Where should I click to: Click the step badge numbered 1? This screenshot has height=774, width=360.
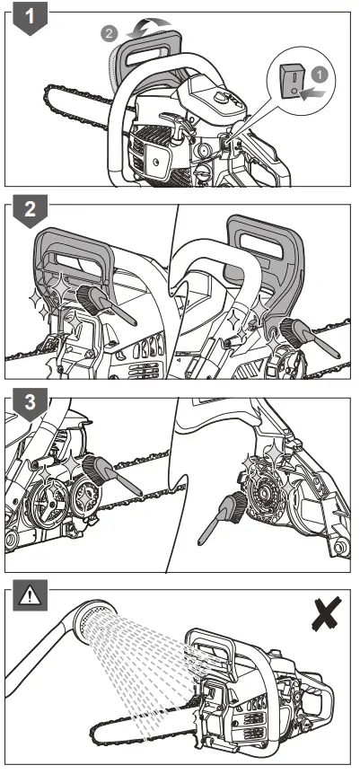pos(31,17)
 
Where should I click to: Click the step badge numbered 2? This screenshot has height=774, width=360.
pos(31,210)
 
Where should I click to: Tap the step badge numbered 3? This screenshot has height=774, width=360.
pos(31,403)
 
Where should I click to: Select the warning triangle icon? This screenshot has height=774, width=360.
pos(31,596)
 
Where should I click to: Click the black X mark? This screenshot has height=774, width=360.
pos(327,613)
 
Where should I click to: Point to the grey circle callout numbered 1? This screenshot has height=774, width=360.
pos(320,75)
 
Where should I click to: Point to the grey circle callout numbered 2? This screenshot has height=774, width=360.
pos(110,33)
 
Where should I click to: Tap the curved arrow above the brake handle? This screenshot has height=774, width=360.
pos(149,27)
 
